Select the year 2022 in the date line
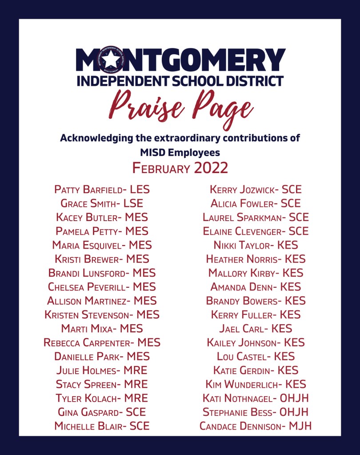211,168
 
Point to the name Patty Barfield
88,190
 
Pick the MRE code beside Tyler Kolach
136,398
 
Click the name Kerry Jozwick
242,190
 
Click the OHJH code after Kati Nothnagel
295,398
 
